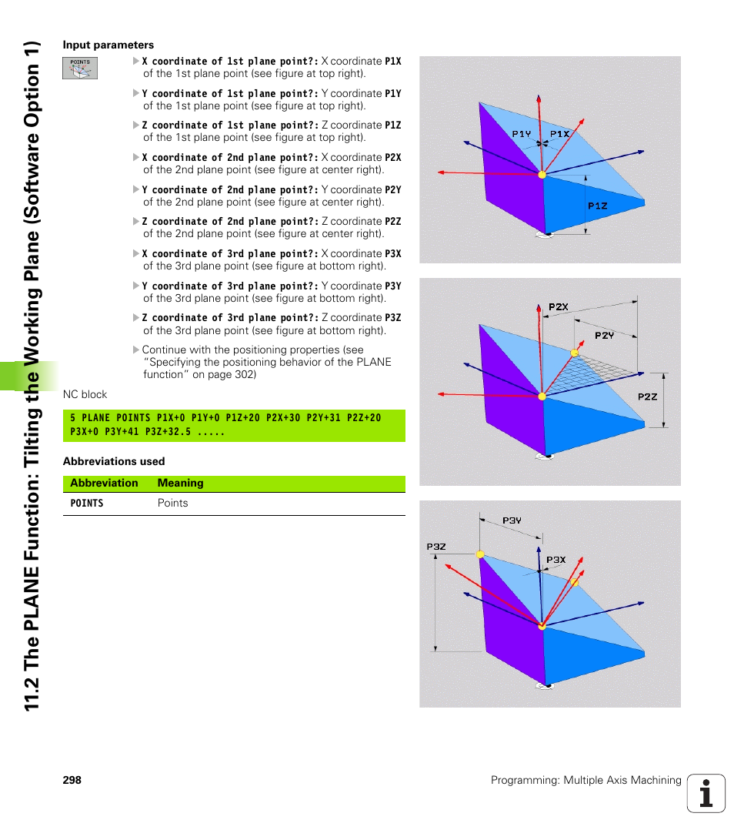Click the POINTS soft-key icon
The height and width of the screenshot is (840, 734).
point(80,68)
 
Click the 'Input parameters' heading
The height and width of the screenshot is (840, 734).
point(108,45)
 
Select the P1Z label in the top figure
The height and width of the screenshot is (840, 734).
point(598,206)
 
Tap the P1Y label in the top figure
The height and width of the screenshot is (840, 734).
point(522,133)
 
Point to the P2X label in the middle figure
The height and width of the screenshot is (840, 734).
point(559,307)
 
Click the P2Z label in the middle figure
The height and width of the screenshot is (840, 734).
point(648,397)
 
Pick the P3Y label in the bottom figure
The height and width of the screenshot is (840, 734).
point(512,520)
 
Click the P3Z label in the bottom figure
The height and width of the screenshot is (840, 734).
point(436,547)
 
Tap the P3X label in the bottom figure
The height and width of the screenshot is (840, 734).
point(556,561)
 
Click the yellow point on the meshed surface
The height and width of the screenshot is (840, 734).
point(573,353)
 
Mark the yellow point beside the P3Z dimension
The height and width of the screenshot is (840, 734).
point(480,554)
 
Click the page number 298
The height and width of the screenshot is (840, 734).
point(72,780)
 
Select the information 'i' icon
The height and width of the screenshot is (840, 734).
point(706,793)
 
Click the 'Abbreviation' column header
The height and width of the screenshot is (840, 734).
point(104,484)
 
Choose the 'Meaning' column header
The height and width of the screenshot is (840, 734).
point(180,484)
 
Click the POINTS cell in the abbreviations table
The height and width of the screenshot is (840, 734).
point(87,504)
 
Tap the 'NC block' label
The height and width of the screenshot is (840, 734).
point(85,394)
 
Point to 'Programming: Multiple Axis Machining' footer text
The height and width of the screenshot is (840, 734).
point(586,780)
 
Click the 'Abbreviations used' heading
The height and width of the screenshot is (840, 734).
point(114,461)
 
